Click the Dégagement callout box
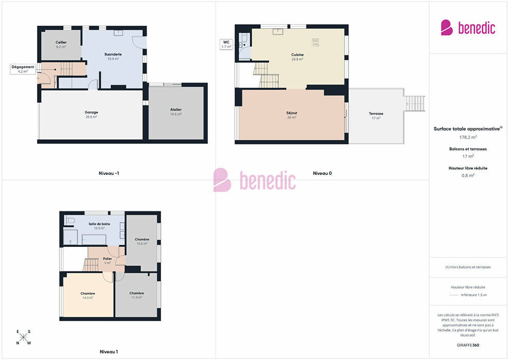pos(23,69)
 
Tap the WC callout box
pos(226,44)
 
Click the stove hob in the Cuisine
pos(315,42)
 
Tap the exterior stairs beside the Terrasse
pos(415,103)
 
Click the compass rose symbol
pos(23,337)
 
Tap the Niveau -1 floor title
pos(109,173)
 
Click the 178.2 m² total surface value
pos(468,137)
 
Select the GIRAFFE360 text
pos(468,345)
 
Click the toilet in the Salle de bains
pos(70,220)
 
